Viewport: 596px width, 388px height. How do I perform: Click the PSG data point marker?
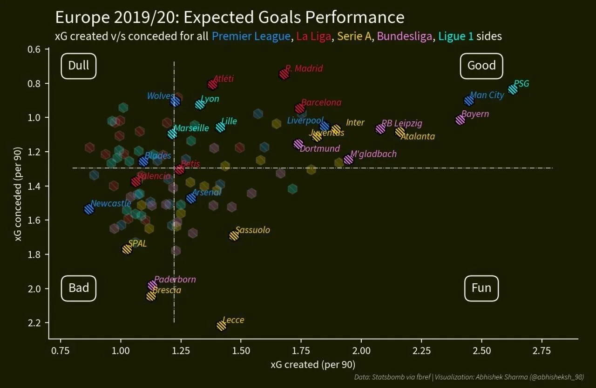coord(513,89)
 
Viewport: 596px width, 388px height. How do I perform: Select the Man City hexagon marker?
coord(469,101)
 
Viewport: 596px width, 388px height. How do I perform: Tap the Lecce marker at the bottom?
coord(222,326)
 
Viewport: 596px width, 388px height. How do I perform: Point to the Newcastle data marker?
coord(89,209)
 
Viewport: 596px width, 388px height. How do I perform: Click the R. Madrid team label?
coord(304,69)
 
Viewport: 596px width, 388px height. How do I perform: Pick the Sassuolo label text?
coord(252,230)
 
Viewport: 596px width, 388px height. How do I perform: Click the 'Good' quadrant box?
coord(481,66)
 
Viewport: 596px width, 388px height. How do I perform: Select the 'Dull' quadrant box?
coord(78,66)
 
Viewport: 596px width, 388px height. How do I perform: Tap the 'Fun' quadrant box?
coord(481,288)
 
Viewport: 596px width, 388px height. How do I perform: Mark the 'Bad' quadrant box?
coord(78,288)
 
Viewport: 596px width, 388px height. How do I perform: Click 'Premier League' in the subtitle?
coord(251,36)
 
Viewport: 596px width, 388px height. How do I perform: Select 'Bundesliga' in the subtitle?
coord(405,36)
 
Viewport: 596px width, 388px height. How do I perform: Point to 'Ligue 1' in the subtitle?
coord(456,36)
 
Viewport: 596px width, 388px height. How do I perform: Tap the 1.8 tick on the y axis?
coord(37,254)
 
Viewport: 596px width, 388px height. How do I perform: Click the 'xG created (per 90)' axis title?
coord(313,365)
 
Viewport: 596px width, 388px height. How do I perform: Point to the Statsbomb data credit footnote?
coord(468,377)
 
